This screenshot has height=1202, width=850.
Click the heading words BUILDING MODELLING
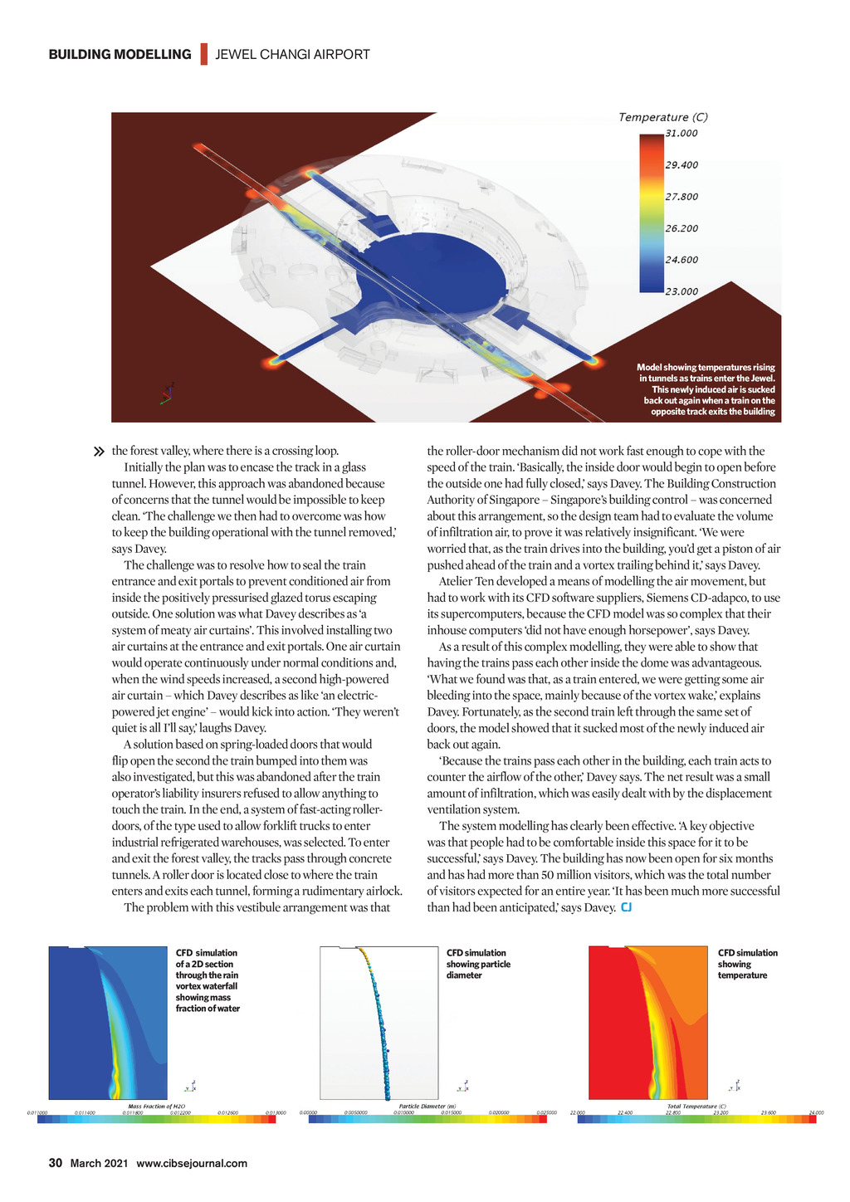120,55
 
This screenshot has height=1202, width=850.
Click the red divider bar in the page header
203,55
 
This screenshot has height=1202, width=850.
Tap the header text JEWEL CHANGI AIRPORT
292,55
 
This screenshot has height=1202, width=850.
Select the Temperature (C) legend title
662,117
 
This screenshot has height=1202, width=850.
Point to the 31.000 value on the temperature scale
681,133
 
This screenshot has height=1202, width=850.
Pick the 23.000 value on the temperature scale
681,291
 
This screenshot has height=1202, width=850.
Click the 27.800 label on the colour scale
681,197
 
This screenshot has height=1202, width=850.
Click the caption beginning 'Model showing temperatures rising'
706,389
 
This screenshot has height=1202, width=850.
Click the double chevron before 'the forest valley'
100,452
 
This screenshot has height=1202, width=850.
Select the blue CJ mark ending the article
626,907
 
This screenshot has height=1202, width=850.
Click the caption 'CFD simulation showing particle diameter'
478,964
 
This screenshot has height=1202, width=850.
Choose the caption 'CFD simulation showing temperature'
747,964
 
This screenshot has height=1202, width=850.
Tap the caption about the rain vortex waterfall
208,980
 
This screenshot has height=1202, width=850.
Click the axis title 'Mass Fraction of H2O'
156,1107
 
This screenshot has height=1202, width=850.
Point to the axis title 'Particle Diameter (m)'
427,1107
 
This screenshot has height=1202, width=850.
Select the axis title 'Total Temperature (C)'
696,1107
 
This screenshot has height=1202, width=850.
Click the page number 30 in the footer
56,1163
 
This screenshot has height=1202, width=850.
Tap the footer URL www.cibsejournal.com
192,1163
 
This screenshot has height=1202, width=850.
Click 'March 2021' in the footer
99,1163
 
